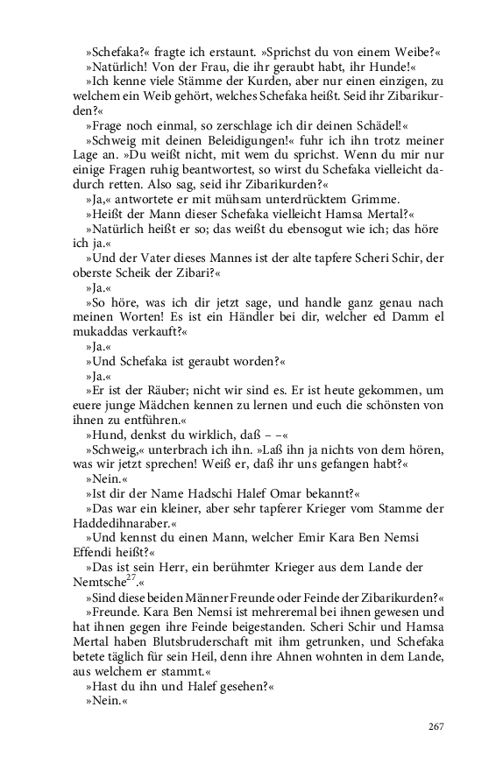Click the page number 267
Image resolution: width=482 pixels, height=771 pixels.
(x=436, y=725)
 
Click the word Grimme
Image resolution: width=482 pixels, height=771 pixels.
(x=372, y=199)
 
